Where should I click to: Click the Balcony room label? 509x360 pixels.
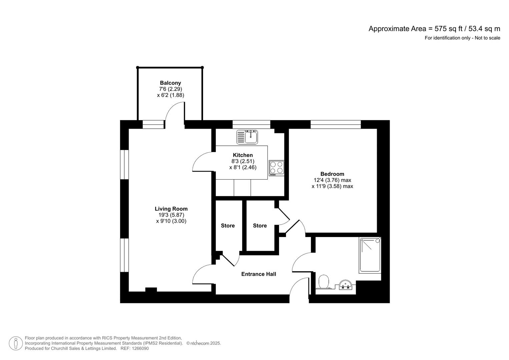pos(170,83)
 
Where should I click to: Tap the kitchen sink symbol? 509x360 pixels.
pos(247,137)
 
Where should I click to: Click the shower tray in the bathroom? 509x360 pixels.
pos(370,255)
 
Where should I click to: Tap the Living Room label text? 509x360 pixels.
pos(171,209)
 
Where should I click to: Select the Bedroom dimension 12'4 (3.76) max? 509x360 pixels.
pos(332,180)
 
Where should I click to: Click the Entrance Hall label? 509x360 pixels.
pos(259,274)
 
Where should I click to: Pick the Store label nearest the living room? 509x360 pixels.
pos(228,226)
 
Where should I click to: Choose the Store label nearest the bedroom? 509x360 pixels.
pos(260,226)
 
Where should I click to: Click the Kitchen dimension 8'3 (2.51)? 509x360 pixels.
pos(243,161)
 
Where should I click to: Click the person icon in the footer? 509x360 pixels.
pos(16,343)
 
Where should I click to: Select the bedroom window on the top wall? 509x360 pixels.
pos(335,125)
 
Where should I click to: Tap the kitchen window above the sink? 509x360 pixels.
pos(251,125)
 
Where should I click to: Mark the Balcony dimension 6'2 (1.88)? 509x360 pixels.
pos(170,95)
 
